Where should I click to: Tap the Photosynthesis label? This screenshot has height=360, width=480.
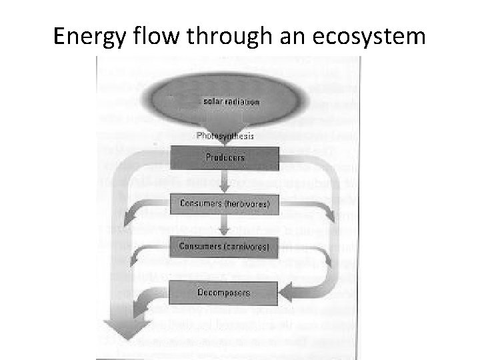click(x=225, y=135)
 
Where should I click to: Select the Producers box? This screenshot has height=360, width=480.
click(x=225, y=158)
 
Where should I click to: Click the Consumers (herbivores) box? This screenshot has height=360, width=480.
click(x=225, y=203)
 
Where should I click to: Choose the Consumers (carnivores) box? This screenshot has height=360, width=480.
click(x=225, y=247)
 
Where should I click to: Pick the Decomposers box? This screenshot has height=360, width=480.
click(x=225, y=291)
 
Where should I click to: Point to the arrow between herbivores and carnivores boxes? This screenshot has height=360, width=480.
click(x=225, y=225)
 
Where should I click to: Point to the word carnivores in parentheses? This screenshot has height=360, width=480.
click(x=247, y=247)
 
